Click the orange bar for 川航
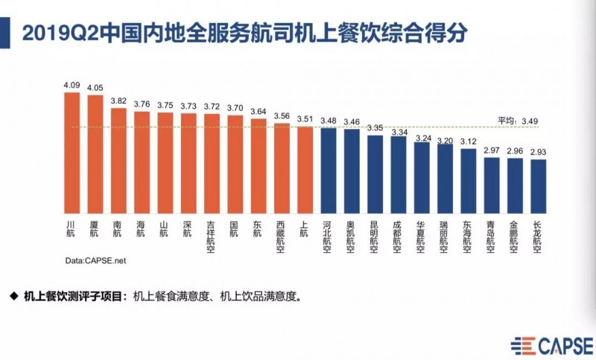point(72,153)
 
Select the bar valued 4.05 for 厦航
point(95,155)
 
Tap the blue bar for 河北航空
point(329,171)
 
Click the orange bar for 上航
point(305,170)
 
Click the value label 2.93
point(538,152)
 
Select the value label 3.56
point(282,116)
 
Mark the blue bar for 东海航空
point(468,181)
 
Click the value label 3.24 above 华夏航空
point(422,138)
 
